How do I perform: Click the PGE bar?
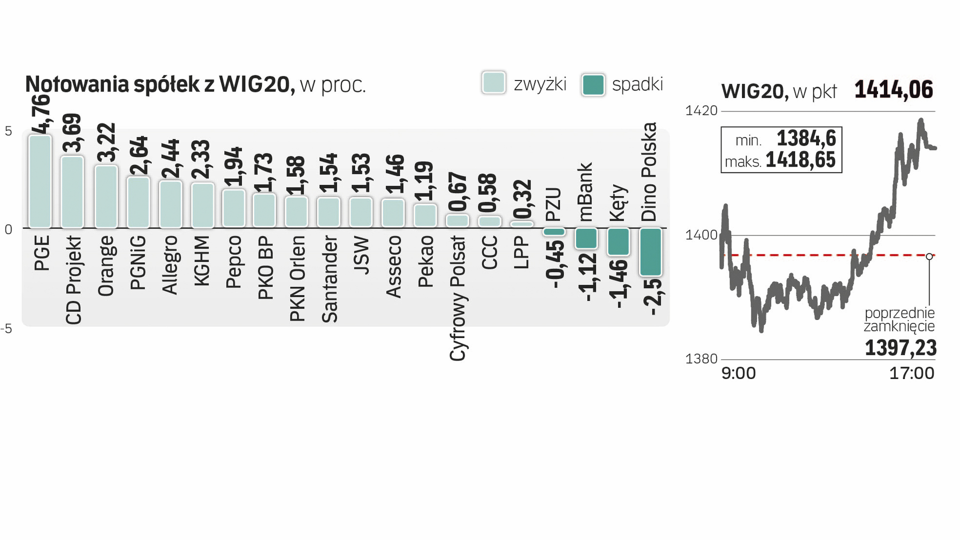[40, 181]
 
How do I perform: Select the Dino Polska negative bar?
[650, 251]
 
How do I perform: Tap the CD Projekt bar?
[72, 192]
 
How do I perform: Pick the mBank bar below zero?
[586, 238]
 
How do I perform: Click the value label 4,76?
[41, 114]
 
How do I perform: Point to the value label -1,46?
[618, 284]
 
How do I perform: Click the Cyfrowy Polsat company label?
[457, 298]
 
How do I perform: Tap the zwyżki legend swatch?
[493, 83]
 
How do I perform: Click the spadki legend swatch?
[593, 84]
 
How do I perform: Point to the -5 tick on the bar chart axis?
[6, 328]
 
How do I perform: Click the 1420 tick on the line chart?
[701, 110]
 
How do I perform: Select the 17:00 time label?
[911, 373]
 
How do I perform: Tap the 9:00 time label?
[738, 373]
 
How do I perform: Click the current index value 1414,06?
[893, 90]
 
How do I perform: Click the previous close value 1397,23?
[900, 348]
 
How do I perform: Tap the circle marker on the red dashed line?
[929, 256]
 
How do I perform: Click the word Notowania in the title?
[77, 84]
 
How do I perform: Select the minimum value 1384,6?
[806, 138]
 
